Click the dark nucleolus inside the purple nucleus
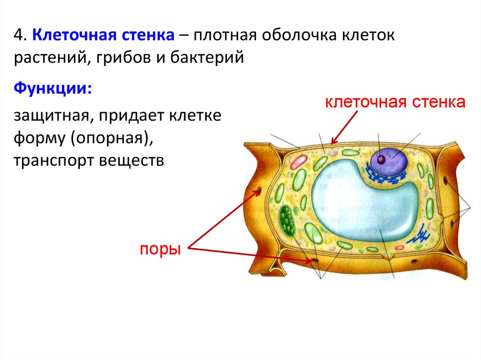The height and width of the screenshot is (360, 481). [381, 160]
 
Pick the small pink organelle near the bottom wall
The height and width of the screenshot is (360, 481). [399, 247]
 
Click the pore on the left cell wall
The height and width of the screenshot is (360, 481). [258, 191]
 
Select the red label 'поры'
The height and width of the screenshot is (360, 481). [160, 250]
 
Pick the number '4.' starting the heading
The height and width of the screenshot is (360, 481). [20, 35]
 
